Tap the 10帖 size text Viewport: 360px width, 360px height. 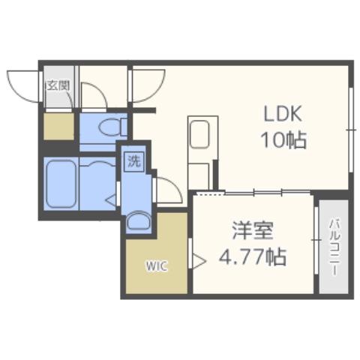click(x=283, y=140)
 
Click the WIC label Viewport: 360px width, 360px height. click(x=156, y=265)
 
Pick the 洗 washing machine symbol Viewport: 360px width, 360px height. click(x=133, y=160)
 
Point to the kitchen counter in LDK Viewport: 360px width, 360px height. click(x=200, y=151)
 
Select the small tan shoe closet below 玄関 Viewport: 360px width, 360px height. click(x=58, y=125)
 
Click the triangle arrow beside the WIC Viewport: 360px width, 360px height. click(x=199, y=262)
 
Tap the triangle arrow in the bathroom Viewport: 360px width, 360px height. click(x=109, y=199)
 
